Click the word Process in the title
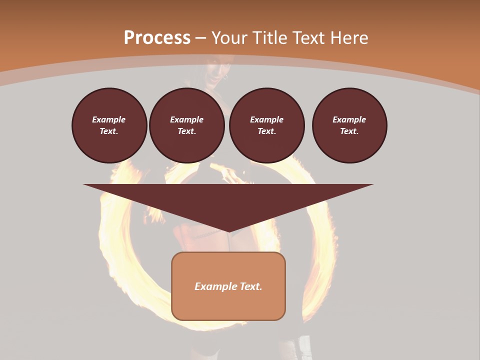coord(157,38)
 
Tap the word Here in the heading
coord(348,38)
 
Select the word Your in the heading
coord(229,38)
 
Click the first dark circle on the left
coord(109,125)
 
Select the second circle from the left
coord(186,125)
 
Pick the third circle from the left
coord(266,125)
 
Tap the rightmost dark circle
coord(349,125)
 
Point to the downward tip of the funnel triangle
coord(228,230)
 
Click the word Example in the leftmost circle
coord(109,119)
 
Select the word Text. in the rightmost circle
coord(349,131)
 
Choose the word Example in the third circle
coord(266,119)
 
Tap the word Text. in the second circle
coord(186,131)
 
